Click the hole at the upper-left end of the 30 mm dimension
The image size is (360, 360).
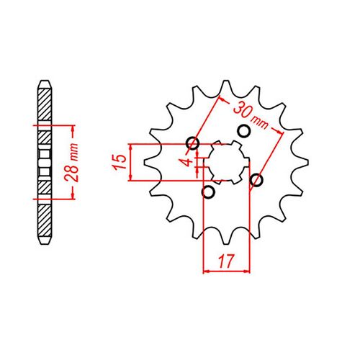click(192, 143)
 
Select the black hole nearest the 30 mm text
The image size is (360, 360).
click(243, 131)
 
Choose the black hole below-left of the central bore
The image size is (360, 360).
click(210, 192)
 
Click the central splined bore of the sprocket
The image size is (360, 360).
click(226, 162)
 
